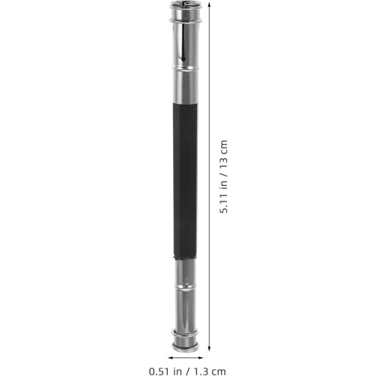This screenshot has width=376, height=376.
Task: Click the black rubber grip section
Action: click(x=185, y=181)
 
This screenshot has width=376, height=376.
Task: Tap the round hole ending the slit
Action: click(x=183, y=59)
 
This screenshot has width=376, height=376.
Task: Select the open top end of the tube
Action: click(x=184, y=4)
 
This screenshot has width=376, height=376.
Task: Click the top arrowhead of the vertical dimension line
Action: click(x=209, y=3)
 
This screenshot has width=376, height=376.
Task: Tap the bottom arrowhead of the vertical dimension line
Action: click(x=209, y=348)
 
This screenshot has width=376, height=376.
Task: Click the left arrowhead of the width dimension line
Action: click(x=171, y=358)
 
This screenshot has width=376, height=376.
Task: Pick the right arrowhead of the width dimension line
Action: click(x=200, y=358)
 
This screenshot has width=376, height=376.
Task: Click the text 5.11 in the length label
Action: click(x=223, y=203)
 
